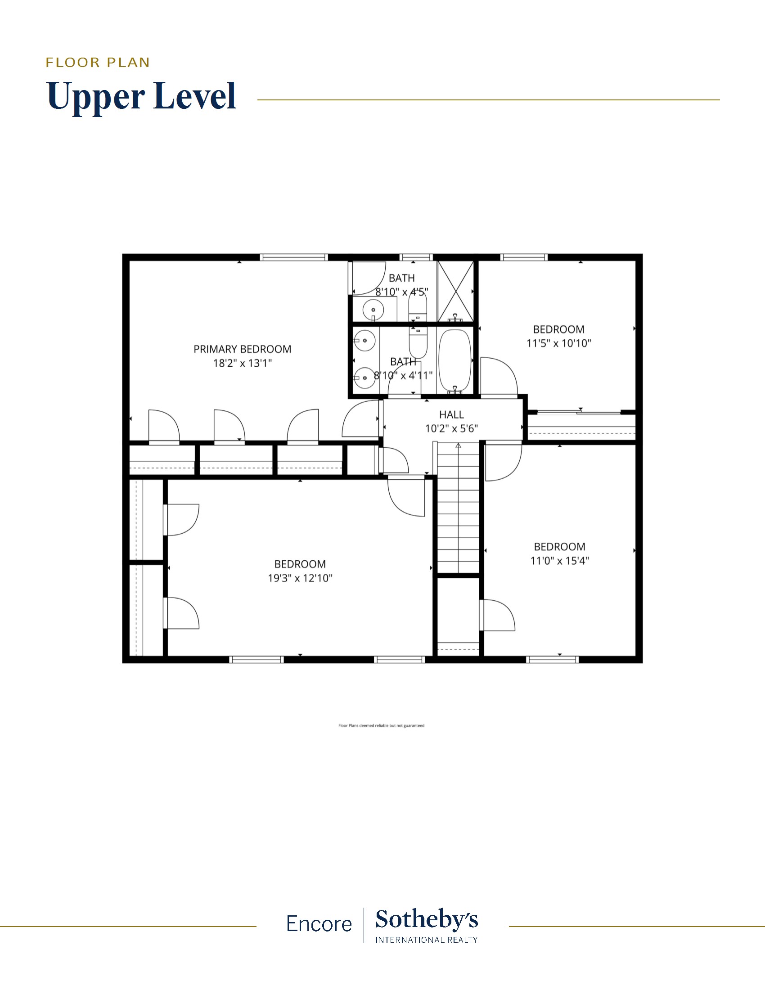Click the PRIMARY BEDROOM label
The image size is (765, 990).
point(243,349)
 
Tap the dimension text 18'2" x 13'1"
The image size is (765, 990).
point(243,363)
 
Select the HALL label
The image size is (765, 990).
point(451,414)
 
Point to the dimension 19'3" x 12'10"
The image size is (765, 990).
point(300,578)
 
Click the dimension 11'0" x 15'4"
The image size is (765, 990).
point(560,561)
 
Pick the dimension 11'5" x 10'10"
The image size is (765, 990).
point(559,343)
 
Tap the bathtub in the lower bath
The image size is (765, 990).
point(455,361)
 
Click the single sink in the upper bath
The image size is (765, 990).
point(373,310)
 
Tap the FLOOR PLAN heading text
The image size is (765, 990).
point(98,63)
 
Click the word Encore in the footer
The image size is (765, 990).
point(319,924)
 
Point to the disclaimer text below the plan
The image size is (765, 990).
point(381,726)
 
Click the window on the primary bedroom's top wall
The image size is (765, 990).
point(294,257)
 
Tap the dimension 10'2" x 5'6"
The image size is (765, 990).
point(451,428)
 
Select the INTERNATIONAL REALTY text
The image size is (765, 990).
point(427,940)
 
